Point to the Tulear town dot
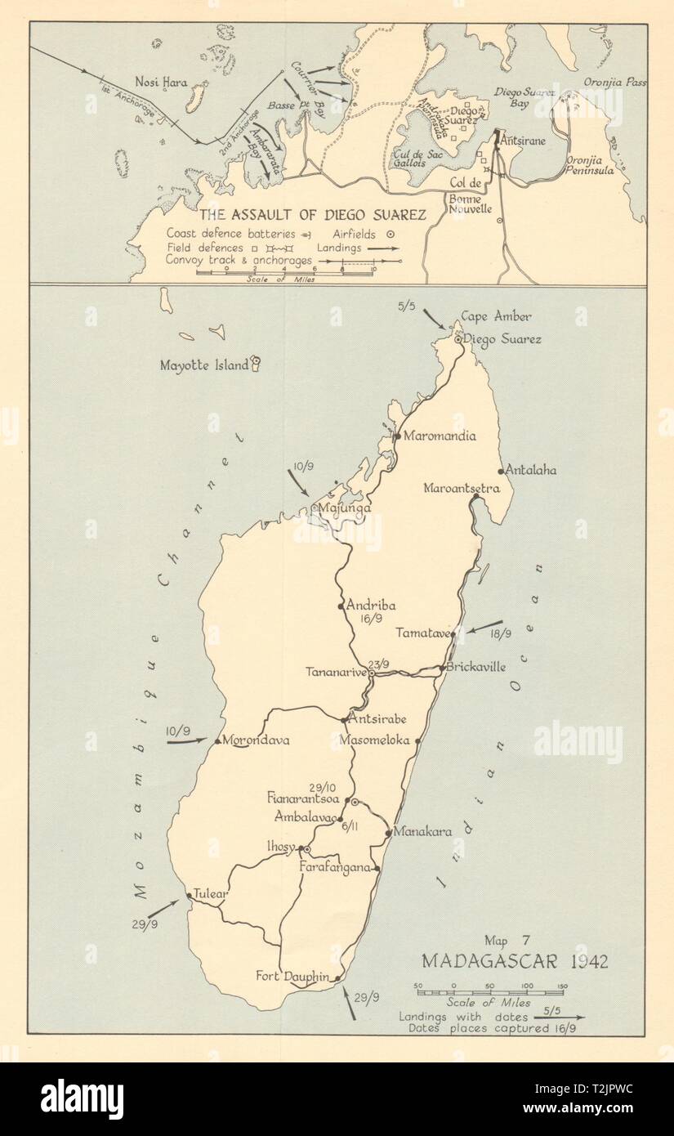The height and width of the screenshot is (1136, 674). pos(190,895)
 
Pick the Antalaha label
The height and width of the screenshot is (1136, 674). pos(532,471)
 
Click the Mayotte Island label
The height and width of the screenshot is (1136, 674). pos(205,365)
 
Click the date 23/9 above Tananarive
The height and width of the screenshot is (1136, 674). pos(380,663)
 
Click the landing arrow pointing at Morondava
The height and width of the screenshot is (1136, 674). pos(188,742)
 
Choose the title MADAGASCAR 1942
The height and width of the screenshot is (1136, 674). pos(515,960)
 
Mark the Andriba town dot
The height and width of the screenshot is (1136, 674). pos(341,606)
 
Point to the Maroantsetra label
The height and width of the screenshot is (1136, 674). pos(462,489)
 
